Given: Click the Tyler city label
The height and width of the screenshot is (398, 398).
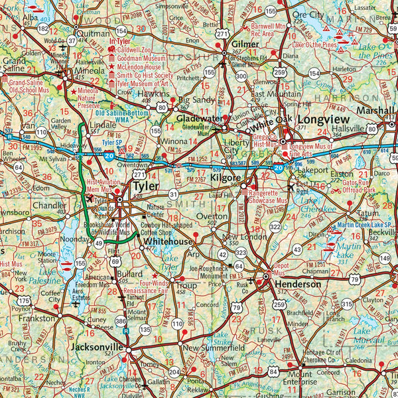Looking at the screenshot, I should (147, 186).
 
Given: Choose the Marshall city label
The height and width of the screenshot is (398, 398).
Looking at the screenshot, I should (375, 110).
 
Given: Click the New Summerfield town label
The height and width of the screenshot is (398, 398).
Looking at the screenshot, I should (208, 347).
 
